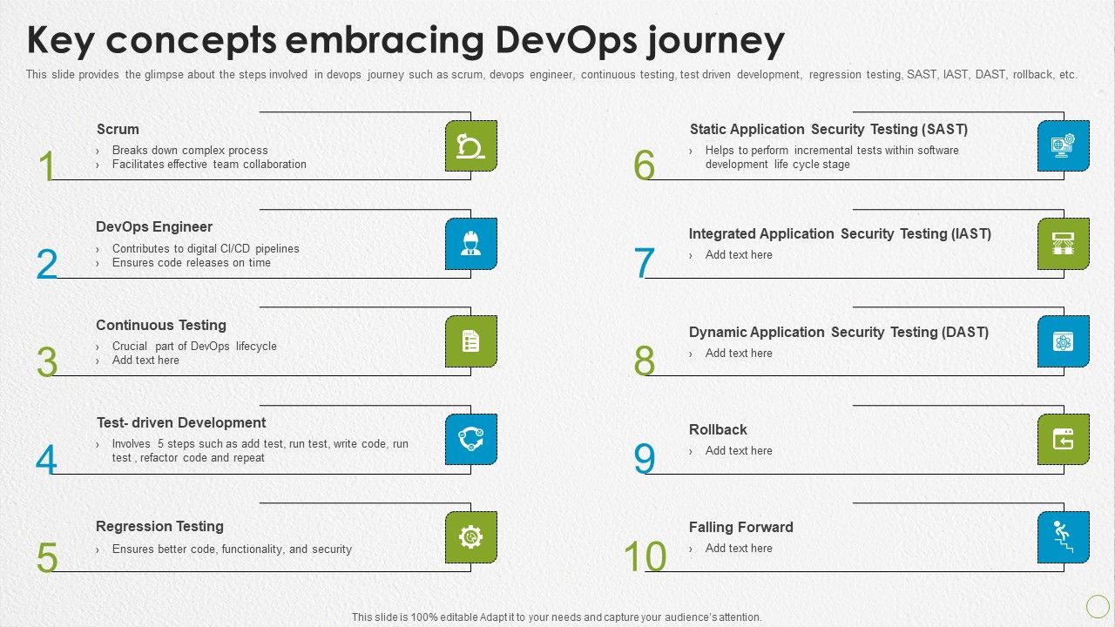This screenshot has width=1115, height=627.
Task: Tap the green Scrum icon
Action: (470, 145)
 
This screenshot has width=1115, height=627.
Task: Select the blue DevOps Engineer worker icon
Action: (470, 243)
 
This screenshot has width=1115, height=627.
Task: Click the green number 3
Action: (47, 361)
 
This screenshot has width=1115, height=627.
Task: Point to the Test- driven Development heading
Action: (181, 422)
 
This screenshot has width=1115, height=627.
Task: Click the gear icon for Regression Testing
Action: (470, 537)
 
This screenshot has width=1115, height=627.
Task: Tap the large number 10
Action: (645, 557)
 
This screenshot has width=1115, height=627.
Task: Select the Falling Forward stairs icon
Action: (1063, 536)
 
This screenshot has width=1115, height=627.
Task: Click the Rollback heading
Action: (718, 429)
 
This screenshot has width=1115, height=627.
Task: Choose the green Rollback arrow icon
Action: (1063, 439)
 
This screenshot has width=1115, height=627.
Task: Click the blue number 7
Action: (644, 263)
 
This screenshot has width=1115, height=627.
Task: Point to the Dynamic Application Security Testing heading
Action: (838, 332)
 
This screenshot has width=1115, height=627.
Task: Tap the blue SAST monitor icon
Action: (1063, 145)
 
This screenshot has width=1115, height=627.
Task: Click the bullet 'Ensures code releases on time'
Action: (191, 262)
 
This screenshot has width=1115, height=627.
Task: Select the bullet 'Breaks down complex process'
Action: (190, 150)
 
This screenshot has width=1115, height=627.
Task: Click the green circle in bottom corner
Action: (1098, 606)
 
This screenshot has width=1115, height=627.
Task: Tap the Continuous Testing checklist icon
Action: (470, 340)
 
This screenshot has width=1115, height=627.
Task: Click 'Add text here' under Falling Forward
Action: (738, 548)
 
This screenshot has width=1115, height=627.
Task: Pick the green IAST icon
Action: (1063, 243)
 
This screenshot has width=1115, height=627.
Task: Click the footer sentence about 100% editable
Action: (557, 617)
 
